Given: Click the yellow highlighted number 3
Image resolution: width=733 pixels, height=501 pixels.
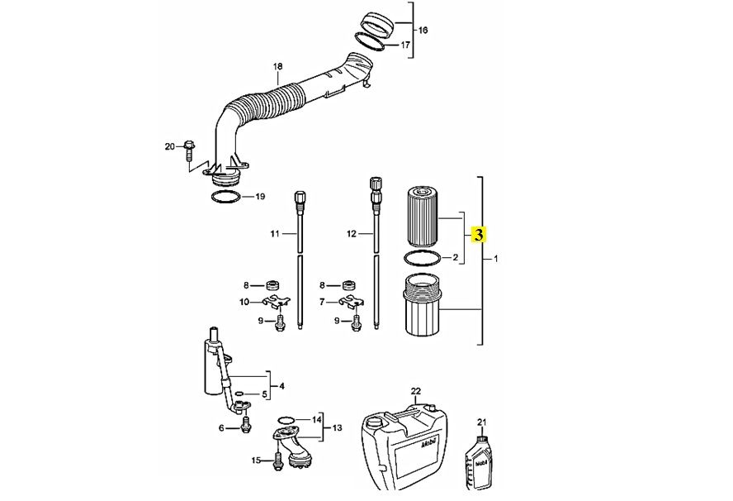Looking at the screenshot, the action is pos(479,234).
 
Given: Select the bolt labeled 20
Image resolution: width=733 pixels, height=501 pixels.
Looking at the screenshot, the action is pos(189,150).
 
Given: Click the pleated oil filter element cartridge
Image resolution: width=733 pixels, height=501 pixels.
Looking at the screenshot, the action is pos(423,217).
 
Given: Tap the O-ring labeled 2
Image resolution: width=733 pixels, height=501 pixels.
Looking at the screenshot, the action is pos(422,258).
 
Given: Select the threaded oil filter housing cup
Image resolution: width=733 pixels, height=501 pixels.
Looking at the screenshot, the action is pos(422,305).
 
